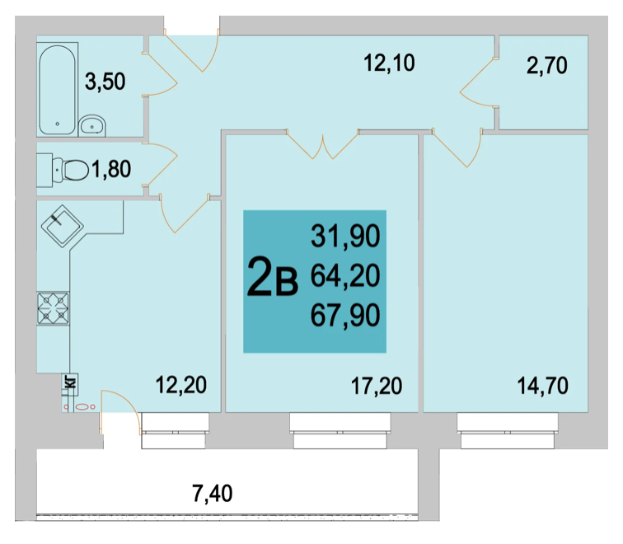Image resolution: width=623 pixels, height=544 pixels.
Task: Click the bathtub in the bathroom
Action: tap(57, 90)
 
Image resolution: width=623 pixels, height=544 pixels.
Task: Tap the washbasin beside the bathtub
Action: tap(92, 126)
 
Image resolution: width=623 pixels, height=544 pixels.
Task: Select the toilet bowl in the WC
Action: tap(72, 170)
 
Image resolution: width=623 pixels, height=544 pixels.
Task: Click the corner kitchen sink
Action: tap(63, 226)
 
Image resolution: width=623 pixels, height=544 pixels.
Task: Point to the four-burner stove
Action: tap(54, 308)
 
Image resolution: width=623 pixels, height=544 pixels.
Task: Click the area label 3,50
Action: tap(105, 82)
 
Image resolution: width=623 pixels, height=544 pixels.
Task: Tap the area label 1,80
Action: tap(111, 169)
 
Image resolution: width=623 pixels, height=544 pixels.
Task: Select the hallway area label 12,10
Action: tap(389, 63)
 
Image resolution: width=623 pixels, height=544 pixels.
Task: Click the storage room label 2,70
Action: tap(546, 66)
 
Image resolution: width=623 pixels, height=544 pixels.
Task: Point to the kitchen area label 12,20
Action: tap(180, 386)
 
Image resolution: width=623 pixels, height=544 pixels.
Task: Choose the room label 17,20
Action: tap(377, 387)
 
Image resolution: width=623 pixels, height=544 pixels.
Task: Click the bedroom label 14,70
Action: tap(542, 387)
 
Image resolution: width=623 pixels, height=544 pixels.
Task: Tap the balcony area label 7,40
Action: tap(212, 494)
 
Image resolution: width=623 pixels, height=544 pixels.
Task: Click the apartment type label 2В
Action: tap(273, 277)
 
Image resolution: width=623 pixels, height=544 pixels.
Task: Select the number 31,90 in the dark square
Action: tap(345, 237)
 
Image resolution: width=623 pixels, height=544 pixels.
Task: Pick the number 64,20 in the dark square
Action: tap(345, 276)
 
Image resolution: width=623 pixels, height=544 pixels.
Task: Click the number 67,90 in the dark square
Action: tap(345, 316)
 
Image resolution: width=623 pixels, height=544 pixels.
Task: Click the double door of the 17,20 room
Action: tap(322, 144)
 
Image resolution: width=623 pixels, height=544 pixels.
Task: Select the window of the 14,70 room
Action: tap(508, 431)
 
